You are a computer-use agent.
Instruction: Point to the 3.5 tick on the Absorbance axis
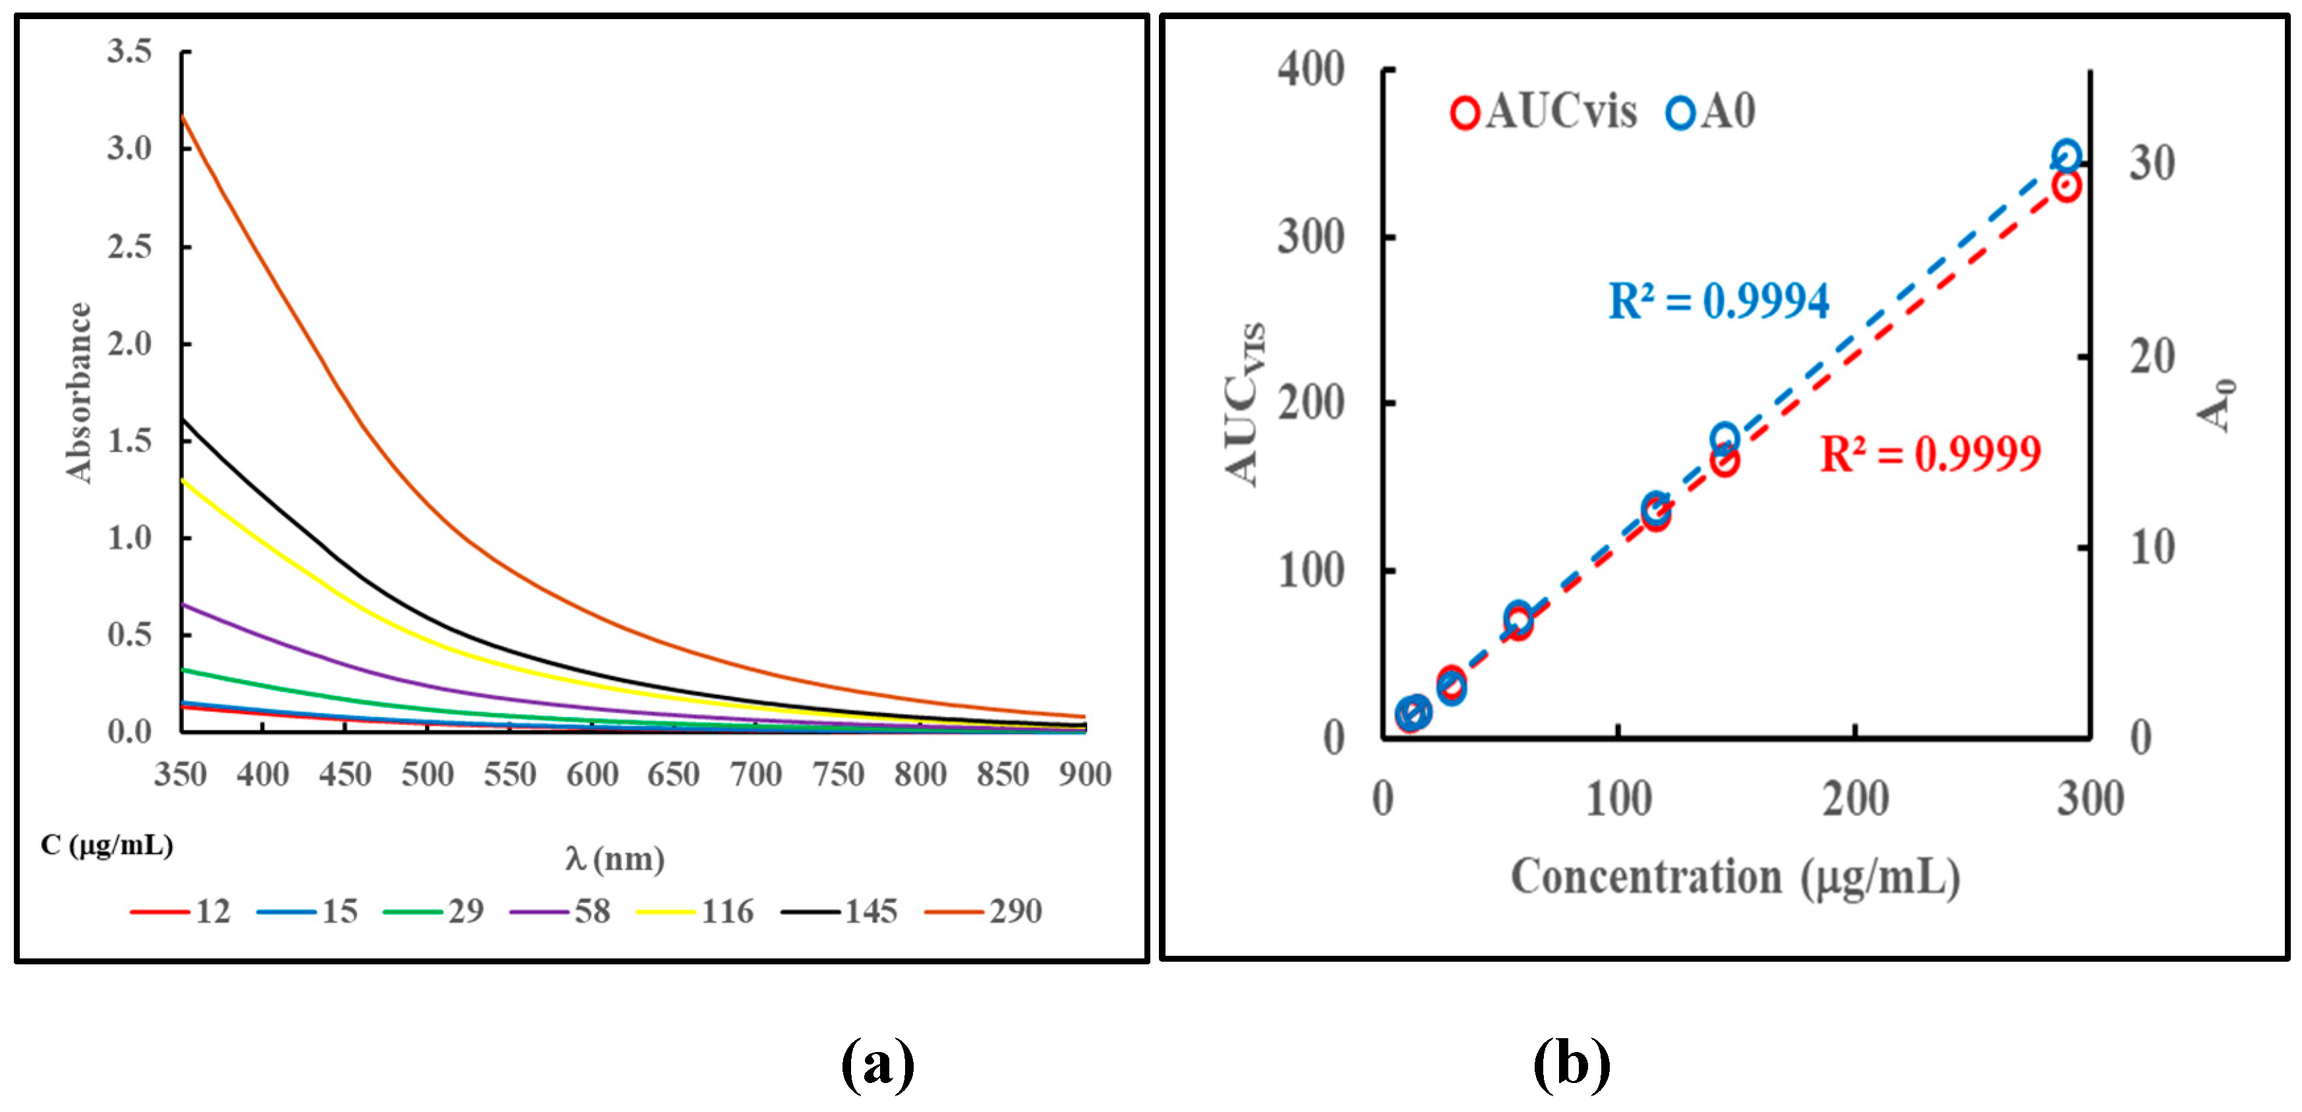(131, 52)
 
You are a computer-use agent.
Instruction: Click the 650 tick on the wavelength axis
(674, 774)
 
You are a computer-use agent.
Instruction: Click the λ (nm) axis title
(615, 859)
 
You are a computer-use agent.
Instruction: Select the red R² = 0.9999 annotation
(1931, 454)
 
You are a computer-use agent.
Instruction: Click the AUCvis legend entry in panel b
(1544, 113)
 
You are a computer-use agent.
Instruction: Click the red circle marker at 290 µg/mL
(2066, 186)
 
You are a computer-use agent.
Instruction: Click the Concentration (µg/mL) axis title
(1736, 877)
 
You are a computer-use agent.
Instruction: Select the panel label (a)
(877, 1065)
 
